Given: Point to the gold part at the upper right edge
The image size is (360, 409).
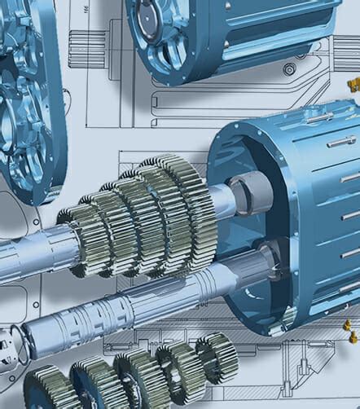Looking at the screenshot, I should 353,84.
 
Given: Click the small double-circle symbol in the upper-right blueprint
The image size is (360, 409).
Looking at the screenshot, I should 289,69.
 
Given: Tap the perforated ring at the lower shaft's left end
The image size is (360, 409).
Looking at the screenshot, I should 11,343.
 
